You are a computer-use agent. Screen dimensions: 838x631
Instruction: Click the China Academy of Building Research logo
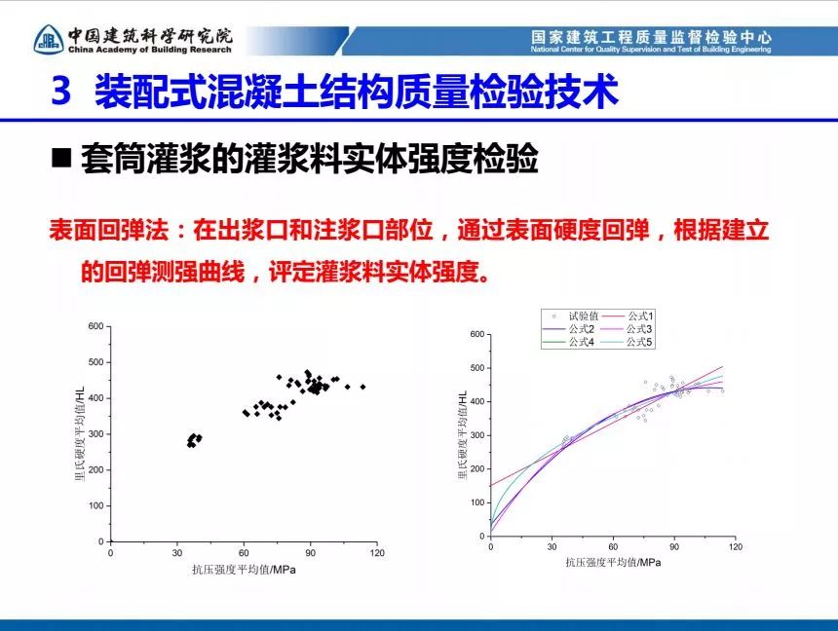click(x=49, y=39)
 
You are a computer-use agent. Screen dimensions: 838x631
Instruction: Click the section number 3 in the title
click(x=61, y=91)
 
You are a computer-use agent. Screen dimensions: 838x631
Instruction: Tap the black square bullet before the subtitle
click(x=61, y=158)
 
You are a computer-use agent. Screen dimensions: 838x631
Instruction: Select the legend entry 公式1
click(x=628, y=316)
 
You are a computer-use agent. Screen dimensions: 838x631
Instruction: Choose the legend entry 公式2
click(x=569, y=329)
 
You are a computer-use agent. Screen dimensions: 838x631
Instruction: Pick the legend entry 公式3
click(x=627, y=329)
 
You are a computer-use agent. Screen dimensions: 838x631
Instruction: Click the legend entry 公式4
click(x=569, y=342)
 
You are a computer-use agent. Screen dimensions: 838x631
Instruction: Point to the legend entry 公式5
click(x=627, y=342)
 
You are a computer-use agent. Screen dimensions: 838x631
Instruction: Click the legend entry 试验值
click(x=574, y=316)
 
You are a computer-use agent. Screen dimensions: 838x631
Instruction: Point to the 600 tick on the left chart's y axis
click(x=96, y=326)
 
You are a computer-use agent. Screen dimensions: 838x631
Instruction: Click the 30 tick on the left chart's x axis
click(x=177, y=553)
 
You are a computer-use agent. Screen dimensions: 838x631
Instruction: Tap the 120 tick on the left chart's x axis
click(x=377, y=553)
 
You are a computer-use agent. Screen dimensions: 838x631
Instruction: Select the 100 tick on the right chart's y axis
click(x=476, y=502)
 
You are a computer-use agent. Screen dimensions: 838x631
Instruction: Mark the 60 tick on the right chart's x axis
click(x=613, y=546)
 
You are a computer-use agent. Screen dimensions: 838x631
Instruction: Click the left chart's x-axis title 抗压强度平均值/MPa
click(x=244, y=570)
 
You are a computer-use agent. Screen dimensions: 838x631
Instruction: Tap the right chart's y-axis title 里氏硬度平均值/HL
click(x=463, y=435)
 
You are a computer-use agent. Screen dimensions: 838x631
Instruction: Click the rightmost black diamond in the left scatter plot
click(x=362, y=387)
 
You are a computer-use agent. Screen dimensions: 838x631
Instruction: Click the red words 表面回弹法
click(x=108, y=230)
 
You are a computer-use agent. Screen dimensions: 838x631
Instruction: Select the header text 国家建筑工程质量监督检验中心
click(x=651, y=37)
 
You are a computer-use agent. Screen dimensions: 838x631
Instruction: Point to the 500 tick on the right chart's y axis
click(x=476, y=367)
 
